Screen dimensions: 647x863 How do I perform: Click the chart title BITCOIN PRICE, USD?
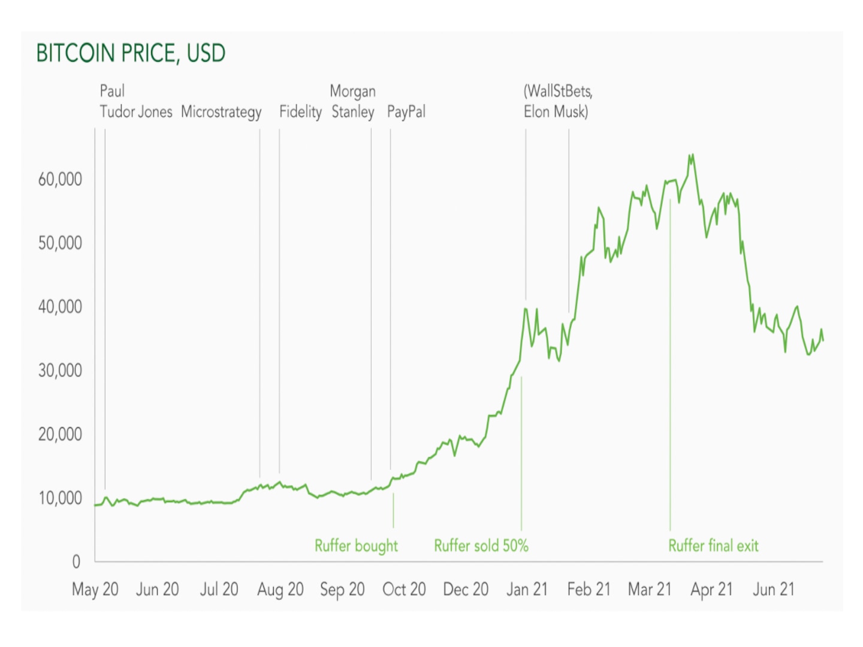click(131, 53)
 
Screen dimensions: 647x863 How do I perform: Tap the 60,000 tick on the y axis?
click(60, 179)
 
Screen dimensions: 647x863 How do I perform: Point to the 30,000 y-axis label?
click(60, 370)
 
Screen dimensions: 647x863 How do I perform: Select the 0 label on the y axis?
click(76, 561)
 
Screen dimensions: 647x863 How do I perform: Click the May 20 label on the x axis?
click(95, 589)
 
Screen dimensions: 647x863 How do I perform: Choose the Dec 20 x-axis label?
click(466, 589)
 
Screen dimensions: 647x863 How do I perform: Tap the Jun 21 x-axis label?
click(774, 589)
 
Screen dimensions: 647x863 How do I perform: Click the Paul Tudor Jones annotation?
click(135, 102)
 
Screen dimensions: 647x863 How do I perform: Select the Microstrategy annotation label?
click(221, 112)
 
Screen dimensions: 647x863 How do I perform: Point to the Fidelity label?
click(300, 112)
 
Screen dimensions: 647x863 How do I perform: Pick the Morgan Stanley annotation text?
click(353, 102)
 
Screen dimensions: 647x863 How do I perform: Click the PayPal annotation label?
click(406, 112)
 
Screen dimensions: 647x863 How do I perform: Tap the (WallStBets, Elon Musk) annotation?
click(557, 102)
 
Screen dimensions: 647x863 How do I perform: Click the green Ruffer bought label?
click(356, 546)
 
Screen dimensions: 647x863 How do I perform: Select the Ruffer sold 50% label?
click(481, 546)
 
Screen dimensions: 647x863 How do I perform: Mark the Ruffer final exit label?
click(713, 546)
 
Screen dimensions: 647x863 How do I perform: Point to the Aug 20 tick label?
click(280, 589)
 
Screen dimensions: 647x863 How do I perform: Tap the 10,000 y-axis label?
click(60, 498)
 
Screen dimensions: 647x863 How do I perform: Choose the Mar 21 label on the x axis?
click(650, 589)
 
